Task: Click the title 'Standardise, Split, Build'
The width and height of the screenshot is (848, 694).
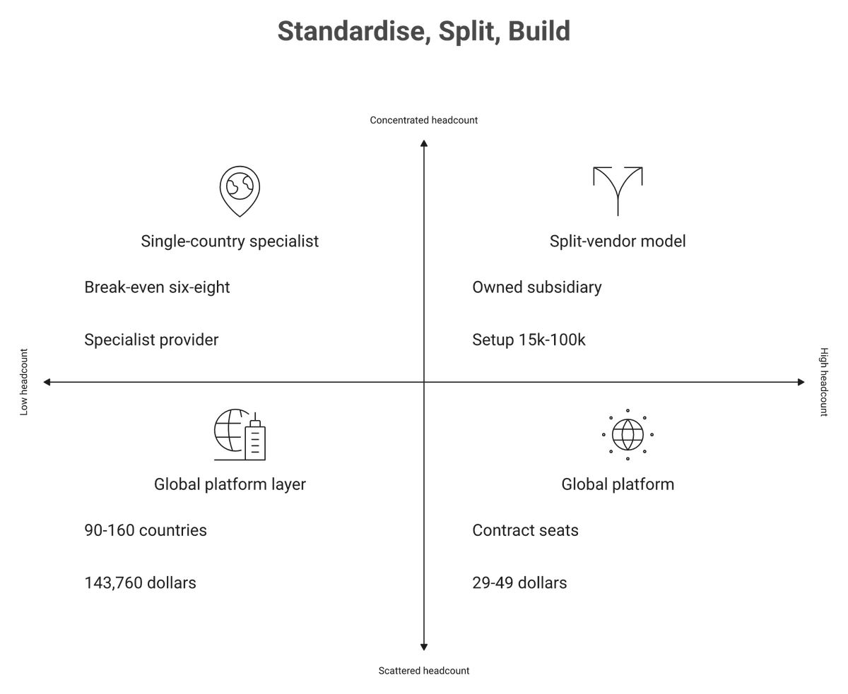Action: (424, 31)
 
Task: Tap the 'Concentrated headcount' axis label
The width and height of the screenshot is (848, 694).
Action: (424, 120)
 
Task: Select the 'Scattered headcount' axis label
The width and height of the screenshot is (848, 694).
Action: (424, 671)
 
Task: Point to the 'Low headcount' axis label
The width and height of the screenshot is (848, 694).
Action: (24, 382)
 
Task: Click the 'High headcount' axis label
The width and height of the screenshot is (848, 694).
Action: (824, 382)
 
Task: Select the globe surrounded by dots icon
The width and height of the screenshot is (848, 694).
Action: (628, 435)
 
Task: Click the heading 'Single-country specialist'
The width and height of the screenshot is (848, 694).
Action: (230, 241)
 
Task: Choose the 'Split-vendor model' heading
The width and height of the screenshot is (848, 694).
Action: (618, 241)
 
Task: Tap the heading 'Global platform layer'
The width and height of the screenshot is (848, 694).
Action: (230, 484)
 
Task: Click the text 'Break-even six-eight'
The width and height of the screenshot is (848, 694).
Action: (157, 287)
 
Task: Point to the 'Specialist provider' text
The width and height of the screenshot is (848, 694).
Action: (151, 340)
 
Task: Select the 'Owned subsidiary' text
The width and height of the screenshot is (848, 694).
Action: (537, 287)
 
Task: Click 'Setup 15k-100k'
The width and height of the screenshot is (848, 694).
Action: (529, 340)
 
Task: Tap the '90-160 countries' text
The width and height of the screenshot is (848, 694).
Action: (146, 530)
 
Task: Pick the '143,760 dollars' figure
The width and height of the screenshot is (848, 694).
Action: (140, 583)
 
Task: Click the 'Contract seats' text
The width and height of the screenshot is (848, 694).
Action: (525, 530)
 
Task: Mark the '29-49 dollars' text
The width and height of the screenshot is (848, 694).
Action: (519, 583)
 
